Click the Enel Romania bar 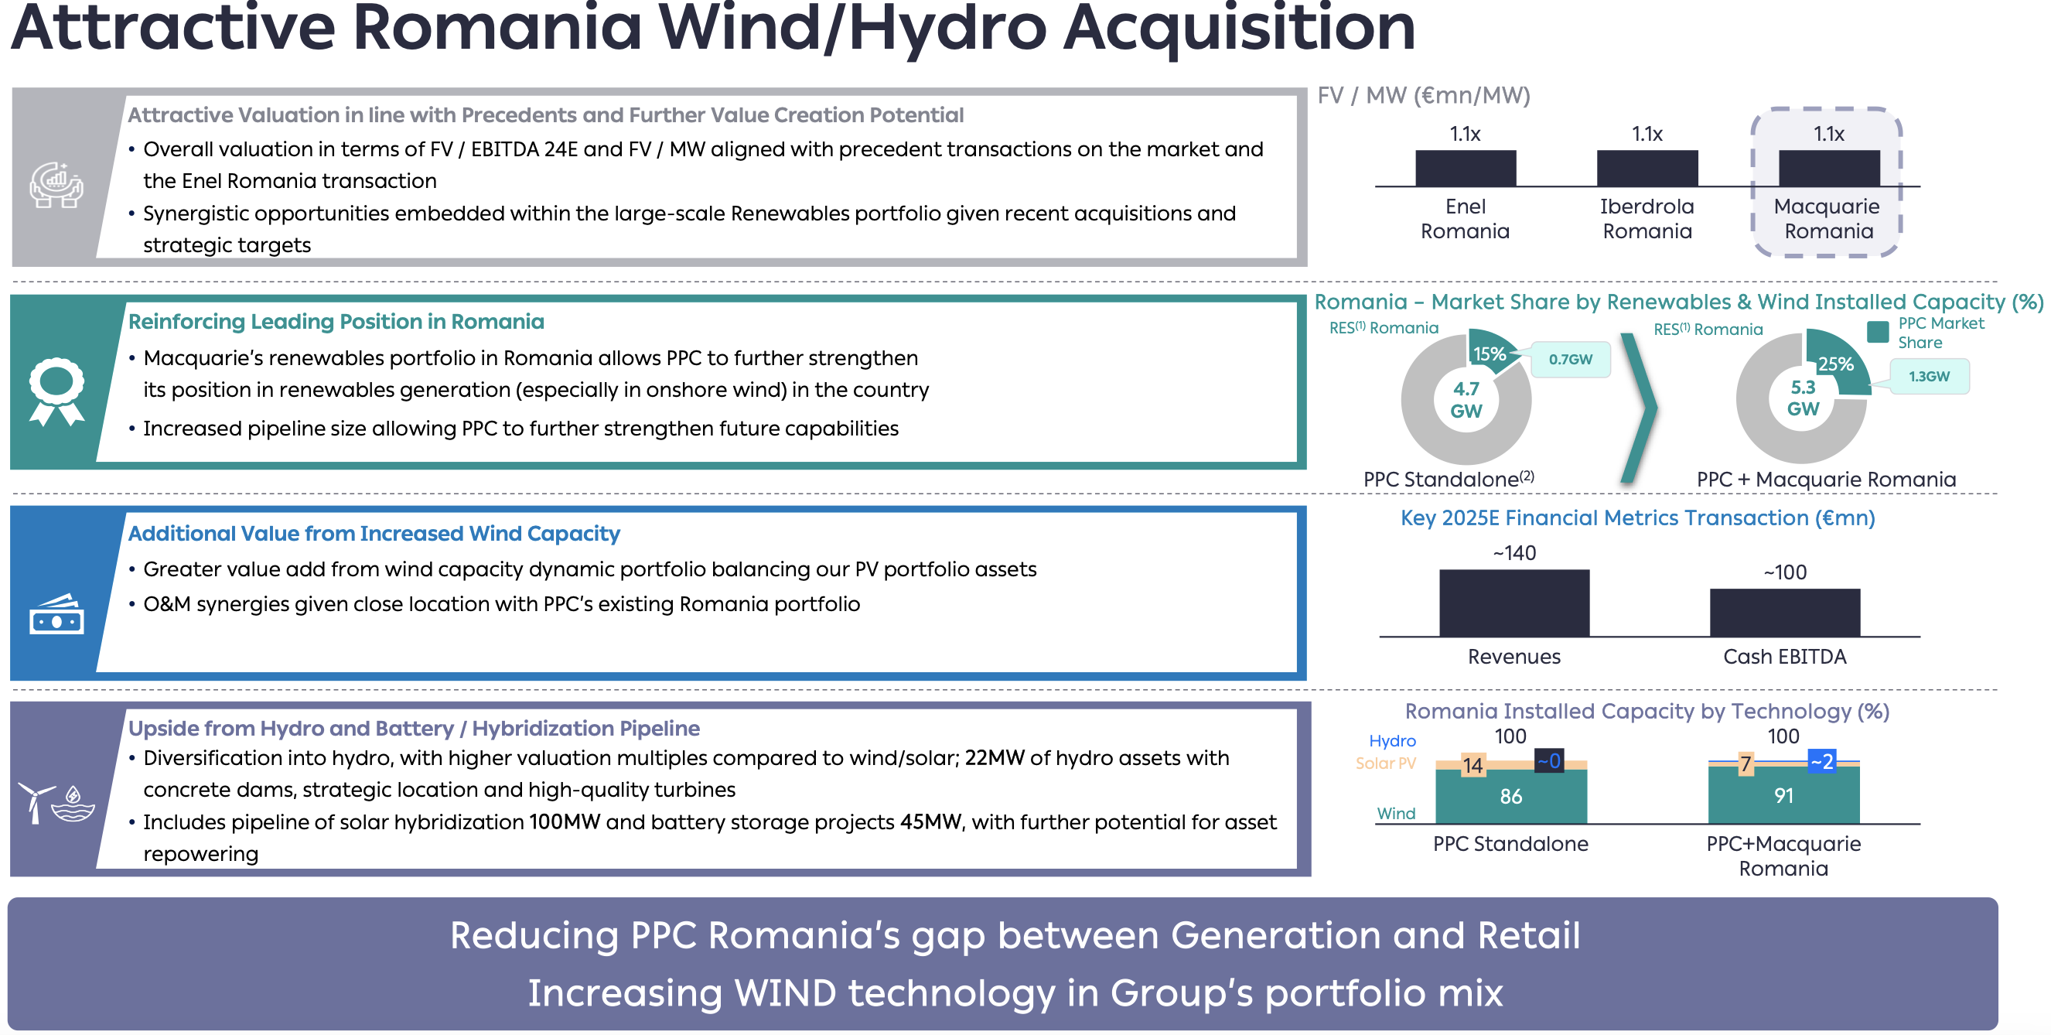[x=1465, y=168]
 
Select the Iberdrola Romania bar [x=1647, y=168]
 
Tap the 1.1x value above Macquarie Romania [x=1829, y=134]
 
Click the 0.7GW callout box [x=1569, y=359]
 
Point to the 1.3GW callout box [x=1929, y=377]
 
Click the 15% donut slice [x=1490, y=353]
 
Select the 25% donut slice [x=1835, y=363]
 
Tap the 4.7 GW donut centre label [x=1466, y=400]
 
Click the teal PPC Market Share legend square [x=1878, y=332]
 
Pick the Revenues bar [x=1514, y=603]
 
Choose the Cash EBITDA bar [x=1785, y=612]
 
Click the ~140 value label [x=1514, y=552]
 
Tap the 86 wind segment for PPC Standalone [x=1511, y=796]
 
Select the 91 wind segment [x=1783, y=794]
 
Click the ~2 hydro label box [x=1822, y=761]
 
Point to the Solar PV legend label [x=1385, y=763]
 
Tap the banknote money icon [x=56, y=615]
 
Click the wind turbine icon [x=35, y=801]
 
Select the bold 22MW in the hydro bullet [x=995, y=757]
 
